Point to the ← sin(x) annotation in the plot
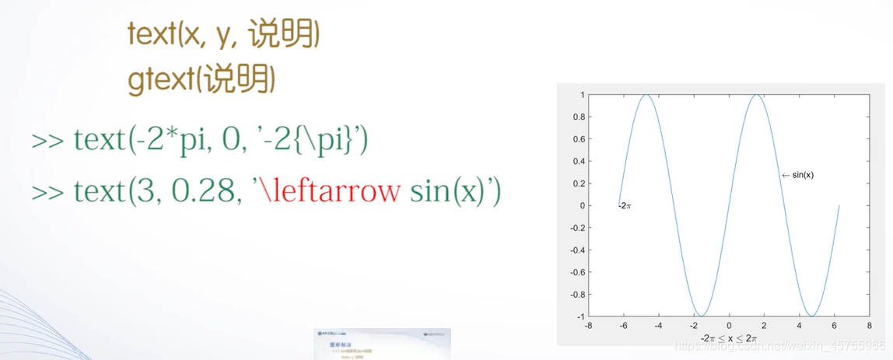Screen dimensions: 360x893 [x=797, y=175]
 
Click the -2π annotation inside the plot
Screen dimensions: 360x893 [x=624, y=206]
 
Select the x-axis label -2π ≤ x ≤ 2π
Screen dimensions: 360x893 [x=728, y=338]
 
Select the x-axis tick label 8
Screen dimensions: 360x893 [x=869, y=326]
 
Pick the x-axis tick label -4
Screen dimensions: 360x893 [x=658, y=326]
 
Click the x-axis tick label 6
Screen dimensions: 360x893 [x=834, y=326]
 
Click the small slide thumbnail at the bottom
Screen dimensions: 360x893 [x=382, y=344]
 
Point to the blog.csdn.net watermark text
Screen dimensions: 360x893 [x=778, y=345]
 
